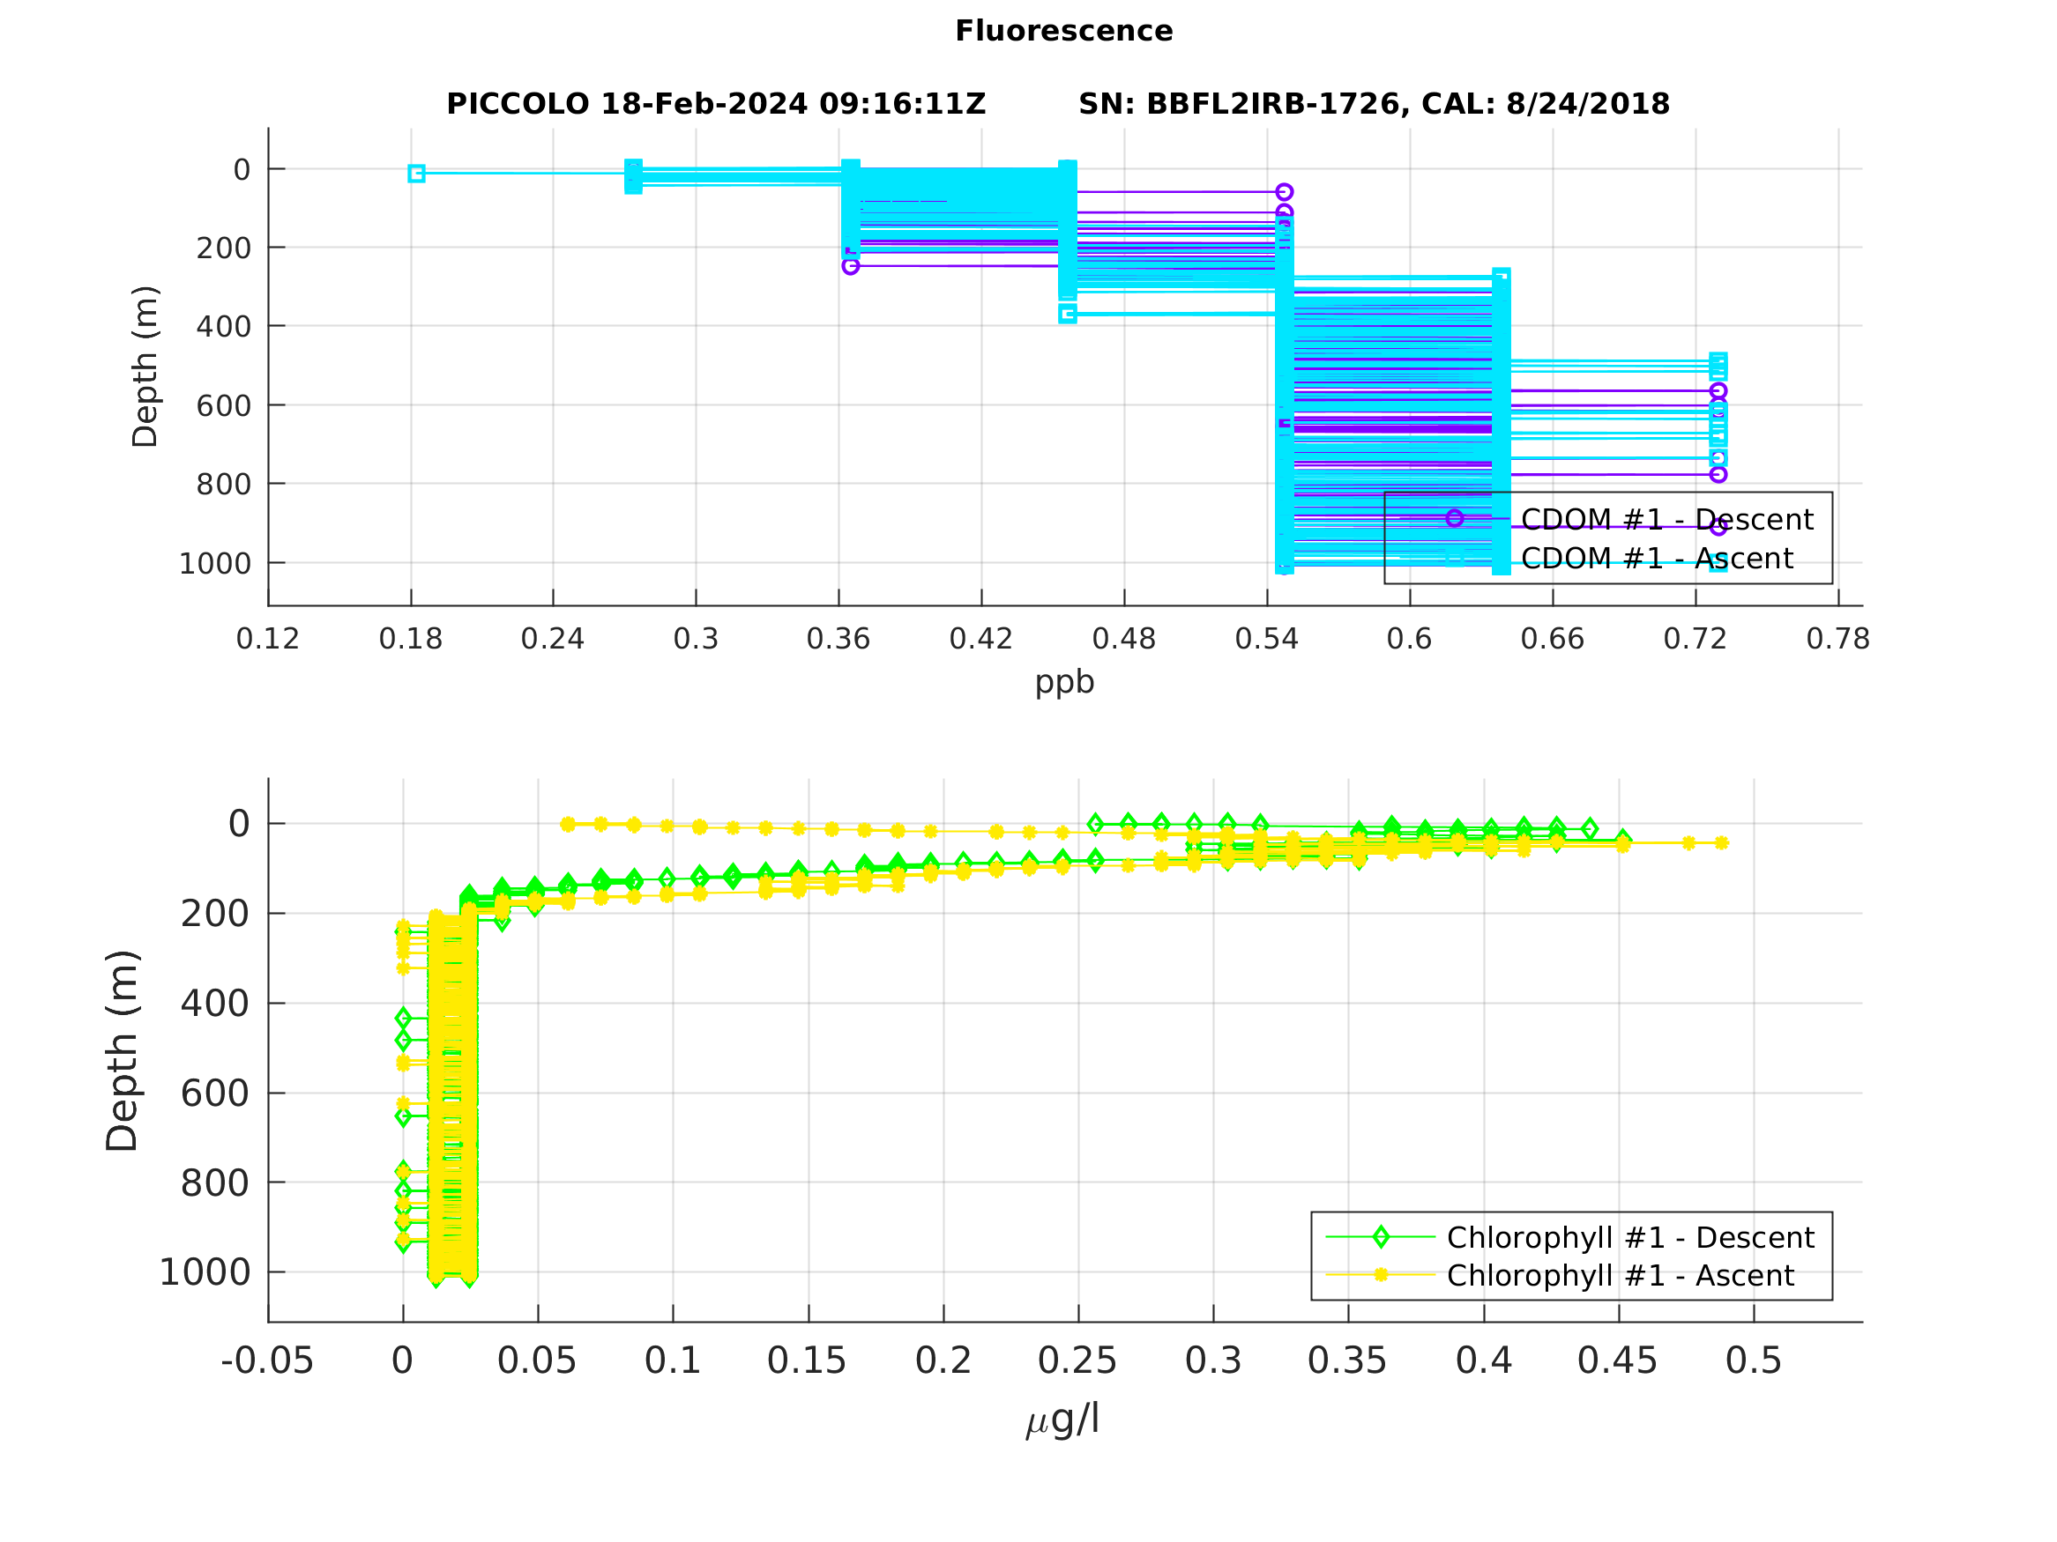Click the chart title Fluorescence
pyautogui.click(x=1064, y=32)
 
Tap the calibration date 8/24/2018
pyautogui.click(x=1587, y=104)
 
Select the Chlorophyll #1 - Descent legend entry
pyautogui.click(x=1630, y=1238)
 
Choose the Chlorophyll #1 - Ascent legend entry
pyautogui.click(x=1620, y=1276)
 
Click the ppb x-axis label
pyautogui.click(x=1065, y=683)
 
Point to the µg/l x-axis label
pyautogui.click(x=1063, y=1420)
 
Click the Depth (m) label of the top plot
pyautogui.click(x=145, y=367)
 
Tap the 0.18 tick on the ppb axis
pyautogui.click(x=410, y=640)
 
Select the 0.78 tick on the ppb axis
pyautogui.click(x=1837, y=640)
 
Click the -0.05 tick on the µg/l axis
pyautogui.click(x=267, y=1361)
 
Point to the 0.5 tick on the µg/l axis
pyautogui.click(x=1753, y=1361)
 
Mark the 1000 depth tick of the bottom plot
pyautogui.click(x=205, y=1272)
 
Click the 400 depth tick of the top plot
pyautogui.click(x=223, y=327)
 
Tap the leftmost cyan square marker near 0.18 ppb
pyautogui.click(x=417, y=174)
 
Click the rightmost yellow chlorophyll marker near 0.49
pyautogui.click(x=1721, y=843)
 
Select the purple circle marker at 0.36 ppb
pyautogui.click(x=850, y=267)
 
